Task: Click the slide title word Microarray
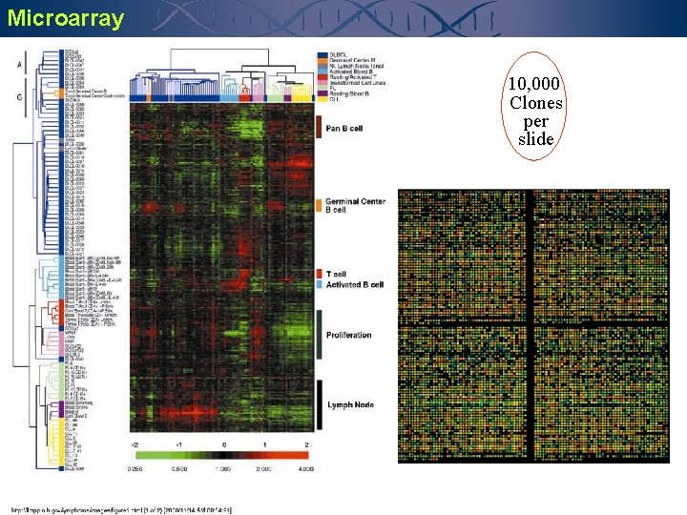(65, 18)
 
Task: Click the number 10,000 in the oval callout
(535, 84)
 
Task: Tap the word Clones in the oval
(535, 103)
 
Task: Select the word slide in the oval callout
(535, 139)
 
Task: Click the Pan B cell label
(345, 128)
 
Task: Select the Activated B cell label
(354, 284)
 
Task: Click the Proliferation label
(349, 336)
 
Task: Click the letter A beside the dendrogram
(19, 65)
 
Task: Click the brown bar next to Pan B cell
(318, 127)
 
